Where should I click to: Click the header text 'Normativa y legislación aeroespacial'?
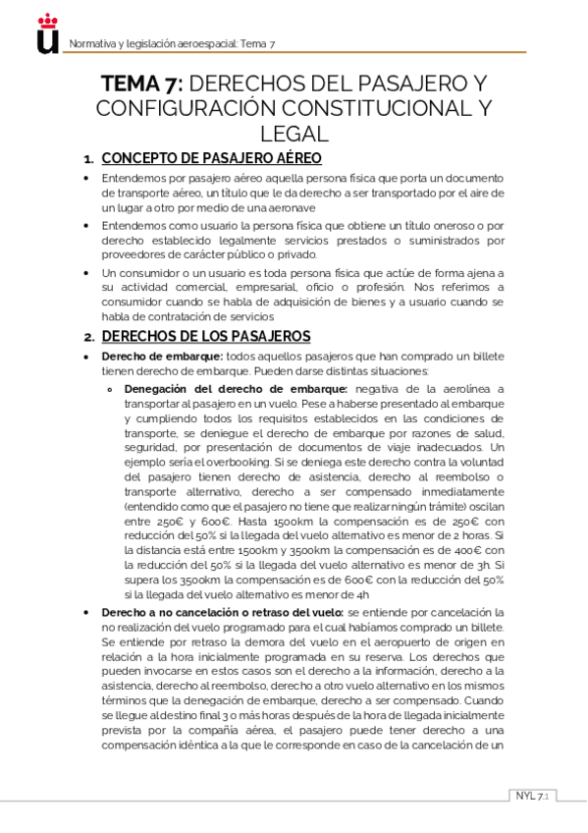coord(152,44)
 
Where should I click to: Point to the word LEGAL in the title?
coord(294,132)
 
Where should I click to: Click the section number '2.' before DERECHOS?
coord(88,336)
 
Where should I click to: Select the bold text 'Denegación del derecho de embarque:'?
coord(236,389)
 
